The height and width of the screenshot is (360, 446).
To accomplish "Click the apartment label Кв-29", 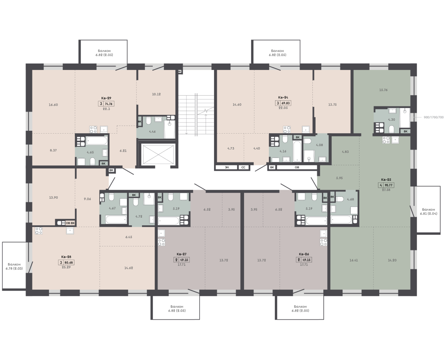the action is click(106, 98).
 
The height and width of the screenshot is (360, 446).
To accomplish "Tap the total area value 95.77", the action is click(389, 185).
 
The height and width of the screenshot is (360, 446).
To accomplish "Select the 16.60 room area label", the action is click(53, 105).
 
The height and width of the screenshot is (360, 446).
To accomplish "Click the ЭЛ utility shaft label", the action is click(227, 168).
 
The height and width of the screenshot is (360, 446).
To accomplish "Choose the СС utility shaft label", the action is click(243, 168).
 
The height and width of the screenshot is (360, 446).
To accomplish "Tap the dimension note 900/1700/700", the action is click(434, 117).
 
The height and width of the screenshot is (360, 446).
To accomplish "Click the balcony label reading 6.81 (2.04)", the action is click(429, 214).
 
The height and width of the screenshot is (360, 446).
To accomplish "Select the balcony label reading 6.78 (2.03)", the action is click(14, 268).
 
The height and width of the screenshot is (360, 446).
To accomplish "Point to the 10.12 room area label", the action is click(156, 94).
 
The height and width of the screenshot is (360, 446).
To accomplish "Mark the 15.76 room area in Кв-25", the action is click(384, 90).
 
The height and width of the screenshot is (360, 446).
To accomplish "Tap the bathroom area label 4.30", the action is click(391, 120).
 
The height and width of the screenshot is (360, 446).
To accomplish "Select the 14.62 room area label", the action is click(128, 268).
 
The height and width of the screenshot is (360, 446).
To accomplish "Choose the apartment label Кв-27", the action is click(182, 254).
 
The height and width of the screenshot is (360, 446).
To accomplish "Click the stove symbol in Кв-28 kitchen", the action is click(39, 230).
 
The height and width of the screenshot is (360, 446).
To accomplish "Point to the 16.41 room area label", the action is click(354, 260).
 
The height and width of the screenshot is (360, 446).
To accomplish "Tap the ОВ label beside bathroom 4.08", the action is click(297, 168).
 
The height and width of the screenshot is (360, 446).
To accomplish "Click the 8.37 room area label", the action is click(53, 150).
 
